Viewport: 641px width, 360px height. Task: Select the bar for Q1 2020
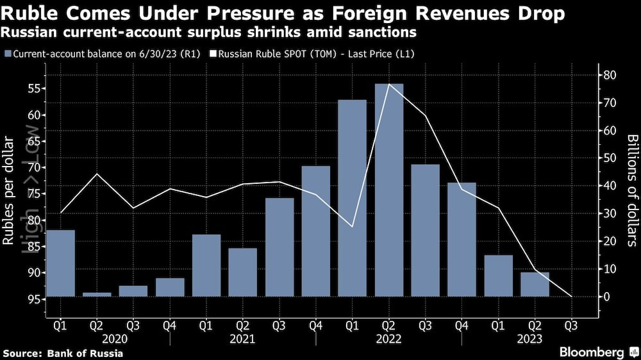[60, 263]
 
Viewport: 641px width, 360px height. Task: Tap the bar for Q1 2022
[352, 198]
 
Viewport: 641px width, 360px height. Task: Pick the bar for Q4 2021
[315, 231]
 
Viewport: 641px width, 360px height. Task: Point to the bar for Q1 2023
[498, 275]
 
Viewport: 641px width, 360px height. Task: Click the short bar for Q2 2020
[97, 294]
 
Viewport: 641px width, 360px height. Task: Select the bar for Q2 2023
[535, 284]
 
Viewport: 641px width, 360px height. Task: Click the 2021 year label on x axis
[242, 339]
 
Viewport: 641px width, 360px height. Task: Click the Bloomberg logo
[592, 352]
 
